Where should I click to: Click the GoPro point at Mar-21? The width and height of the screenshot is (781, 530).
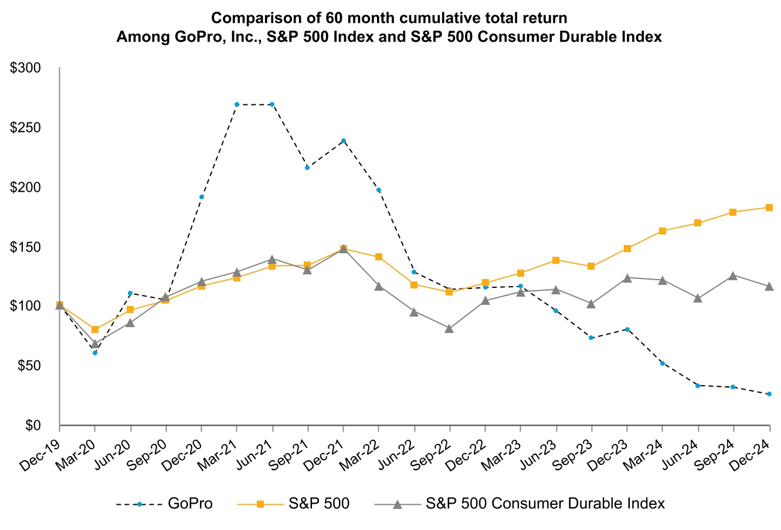[236, 104]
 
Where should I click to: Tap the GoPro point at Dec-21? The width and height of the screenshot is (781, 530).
[343, 141]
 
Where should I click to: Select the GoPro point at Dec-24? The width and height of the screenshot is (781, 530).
[769, 394]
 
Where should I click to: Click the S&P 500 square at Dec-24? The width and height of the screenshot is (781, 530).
[769, 208]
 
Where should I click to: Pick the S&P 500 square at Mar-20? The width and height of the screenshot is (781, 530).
[95, 329]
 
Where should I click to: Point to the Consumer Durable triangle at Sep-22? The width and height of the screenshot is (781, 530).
[449, 329]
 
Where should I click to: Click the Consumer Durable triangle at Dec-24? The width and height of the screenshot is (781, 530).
[769, 286]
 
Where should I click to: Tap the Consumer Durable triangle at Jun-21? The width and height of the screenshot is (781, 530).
[272, 259]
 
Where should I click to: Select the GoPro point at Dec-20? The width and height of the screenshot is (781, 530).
[201, 197]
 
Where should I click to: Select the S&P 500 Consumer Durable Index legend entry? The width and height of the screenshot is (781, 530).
[545, 504]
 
